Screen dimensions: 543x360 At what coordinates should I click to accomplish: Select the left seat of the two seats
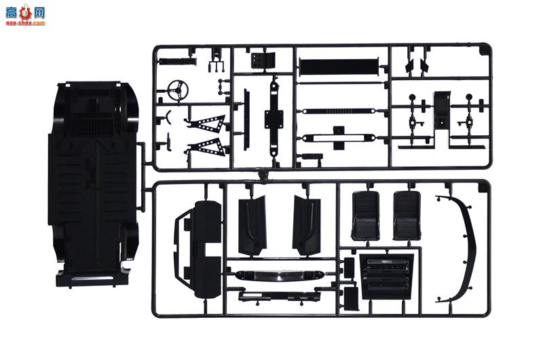tap(365, 215)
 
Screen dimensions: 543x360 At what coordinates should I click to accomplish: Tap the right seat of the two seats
tap(407, 215)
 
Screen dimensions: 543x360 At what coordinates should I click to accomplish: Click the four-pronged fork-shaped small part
tap(217, 62)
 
